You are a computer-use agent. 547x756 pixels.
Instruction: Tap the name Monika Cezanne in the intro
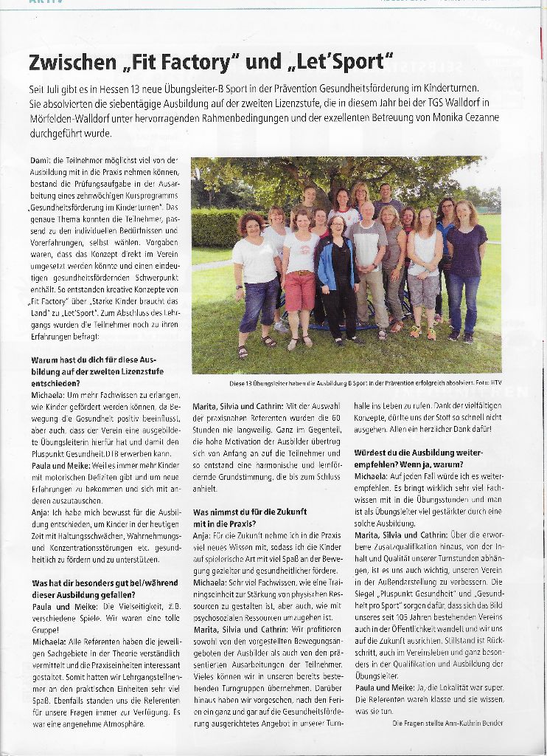pos(457,118)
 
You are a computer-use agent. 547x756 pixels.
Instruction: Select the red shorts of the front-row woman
pos(300,290)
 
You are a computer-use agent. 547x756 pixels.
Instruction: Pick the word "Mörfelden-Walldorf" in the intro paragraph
pos(72,118)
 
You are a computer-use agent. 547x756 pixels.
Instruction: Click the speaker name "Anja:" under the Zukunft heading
pos(201,534)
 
